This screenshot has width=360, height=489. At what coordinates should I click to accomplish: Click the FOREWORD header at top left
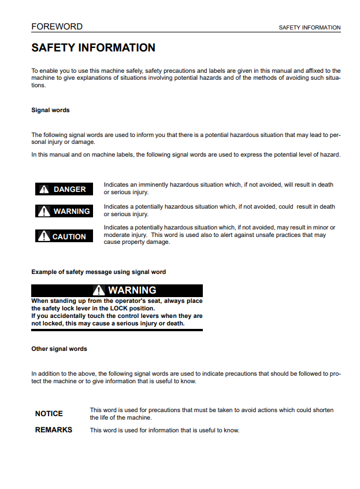(x=57, y=27)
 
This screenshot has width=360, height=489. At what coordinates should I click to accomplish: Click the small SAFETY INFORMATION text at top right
(x=309, y=28)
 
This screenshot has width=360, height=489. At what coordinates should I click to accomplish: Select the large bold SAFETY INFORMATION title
(x=93, y=48)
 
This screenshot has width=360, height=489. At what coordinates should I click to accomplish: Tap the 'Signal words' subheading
(x=50, y=110)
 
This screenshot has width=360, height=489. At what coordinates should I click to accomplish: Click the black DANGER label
(x=64, y=189)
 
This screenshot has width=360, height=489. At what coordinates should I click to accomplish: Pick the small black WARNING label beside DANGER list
(x=64, y=211)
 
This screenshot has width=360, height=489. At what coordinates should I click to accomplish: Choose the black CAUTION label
(x=64, y=236)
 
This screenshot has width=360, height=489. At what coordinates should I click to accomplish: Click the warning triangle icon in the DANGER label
(x=44, y=189)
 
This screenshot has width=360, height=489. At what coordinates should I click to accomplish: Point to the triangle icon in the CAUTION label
(x=44, y=236)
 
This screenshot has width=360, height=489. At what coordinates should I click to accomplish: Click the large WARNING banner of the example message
(x=117, y=290)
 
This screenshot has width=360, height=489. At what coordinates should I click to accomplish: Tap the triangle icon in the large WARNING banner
(x=99, y=290)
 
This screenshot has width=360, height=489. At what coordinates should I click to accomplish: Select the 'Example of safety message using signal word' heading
(x=98, y=272)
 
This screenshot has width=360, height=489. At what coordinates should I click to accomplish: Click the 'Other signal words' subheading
(x=59, y=349)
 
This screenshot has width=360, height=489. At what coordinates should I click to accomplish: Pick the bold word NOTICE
(x=49, y=414)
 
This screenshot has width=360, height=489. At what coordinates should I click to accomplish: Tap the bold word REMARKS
(x=54, y=430)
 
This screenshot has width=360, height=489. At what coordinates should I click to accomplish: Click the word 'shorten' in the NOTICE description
(x=322, y=410)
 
